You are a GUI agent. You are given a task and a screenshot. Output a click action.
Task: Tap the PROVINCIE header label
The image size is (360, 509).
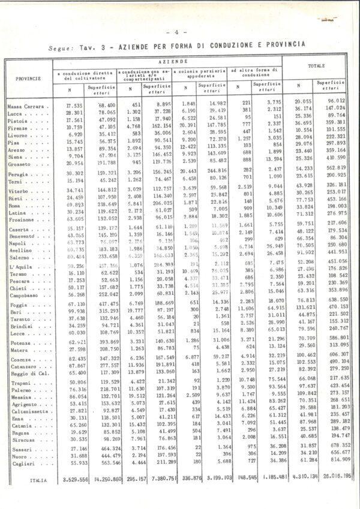tap(28, 78)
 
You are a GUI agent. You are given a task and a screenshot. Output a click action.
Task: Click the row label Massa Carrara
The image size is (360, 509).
tap(26, 105)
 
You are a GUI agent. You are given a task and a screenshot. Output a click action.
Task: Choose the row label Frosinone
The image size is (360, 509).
tap(21, 220)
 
